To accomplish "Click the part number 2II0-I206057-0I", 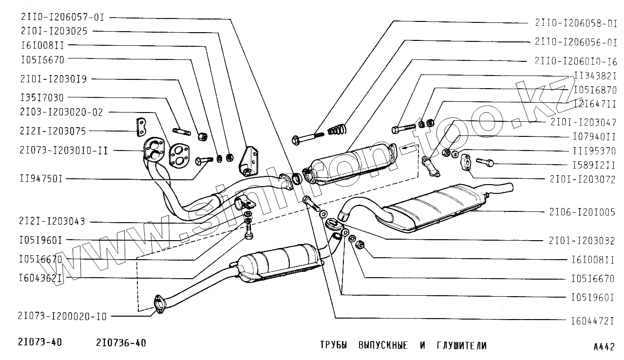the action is pyautogui.click(x=62, y=17).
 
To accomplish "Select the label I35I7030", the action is pyautogui.click(x=42, y=98).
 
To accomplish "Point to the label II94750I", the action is pyautogui.click(x=42, y=179).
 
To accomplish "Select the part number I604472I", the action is pyautogui.click(x=593, y=321).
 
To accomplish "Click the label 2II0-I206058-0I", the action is pyautogui.click(x=576, y=23).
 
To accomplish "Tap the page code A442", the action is pyautogui.click(x=604, y=347).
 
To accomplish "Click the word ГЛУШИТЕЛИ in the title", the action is pyautogui.click(x=461, y=345).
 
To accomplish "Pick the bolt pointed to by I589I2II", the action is pyautogui.click(x=485, y=162).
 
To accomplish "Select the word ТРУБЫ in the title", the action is pyautogui.click(x=333, y=345).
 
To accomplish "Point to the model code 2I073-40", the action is pyautogui.click(x=41, y=342).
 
